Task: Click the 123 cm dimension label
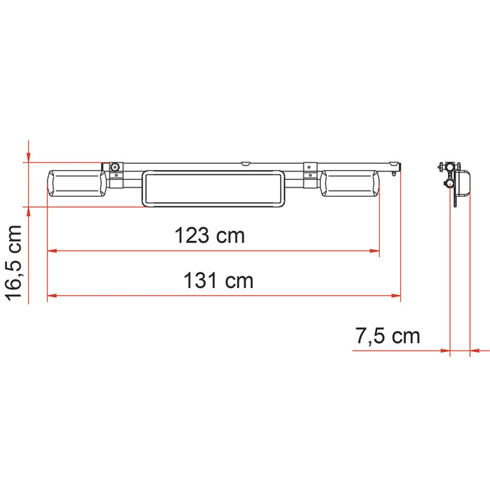(210, 236)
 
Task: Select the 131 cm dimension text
(218, 280)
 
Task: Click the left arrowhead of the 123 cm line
(52, 251)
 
